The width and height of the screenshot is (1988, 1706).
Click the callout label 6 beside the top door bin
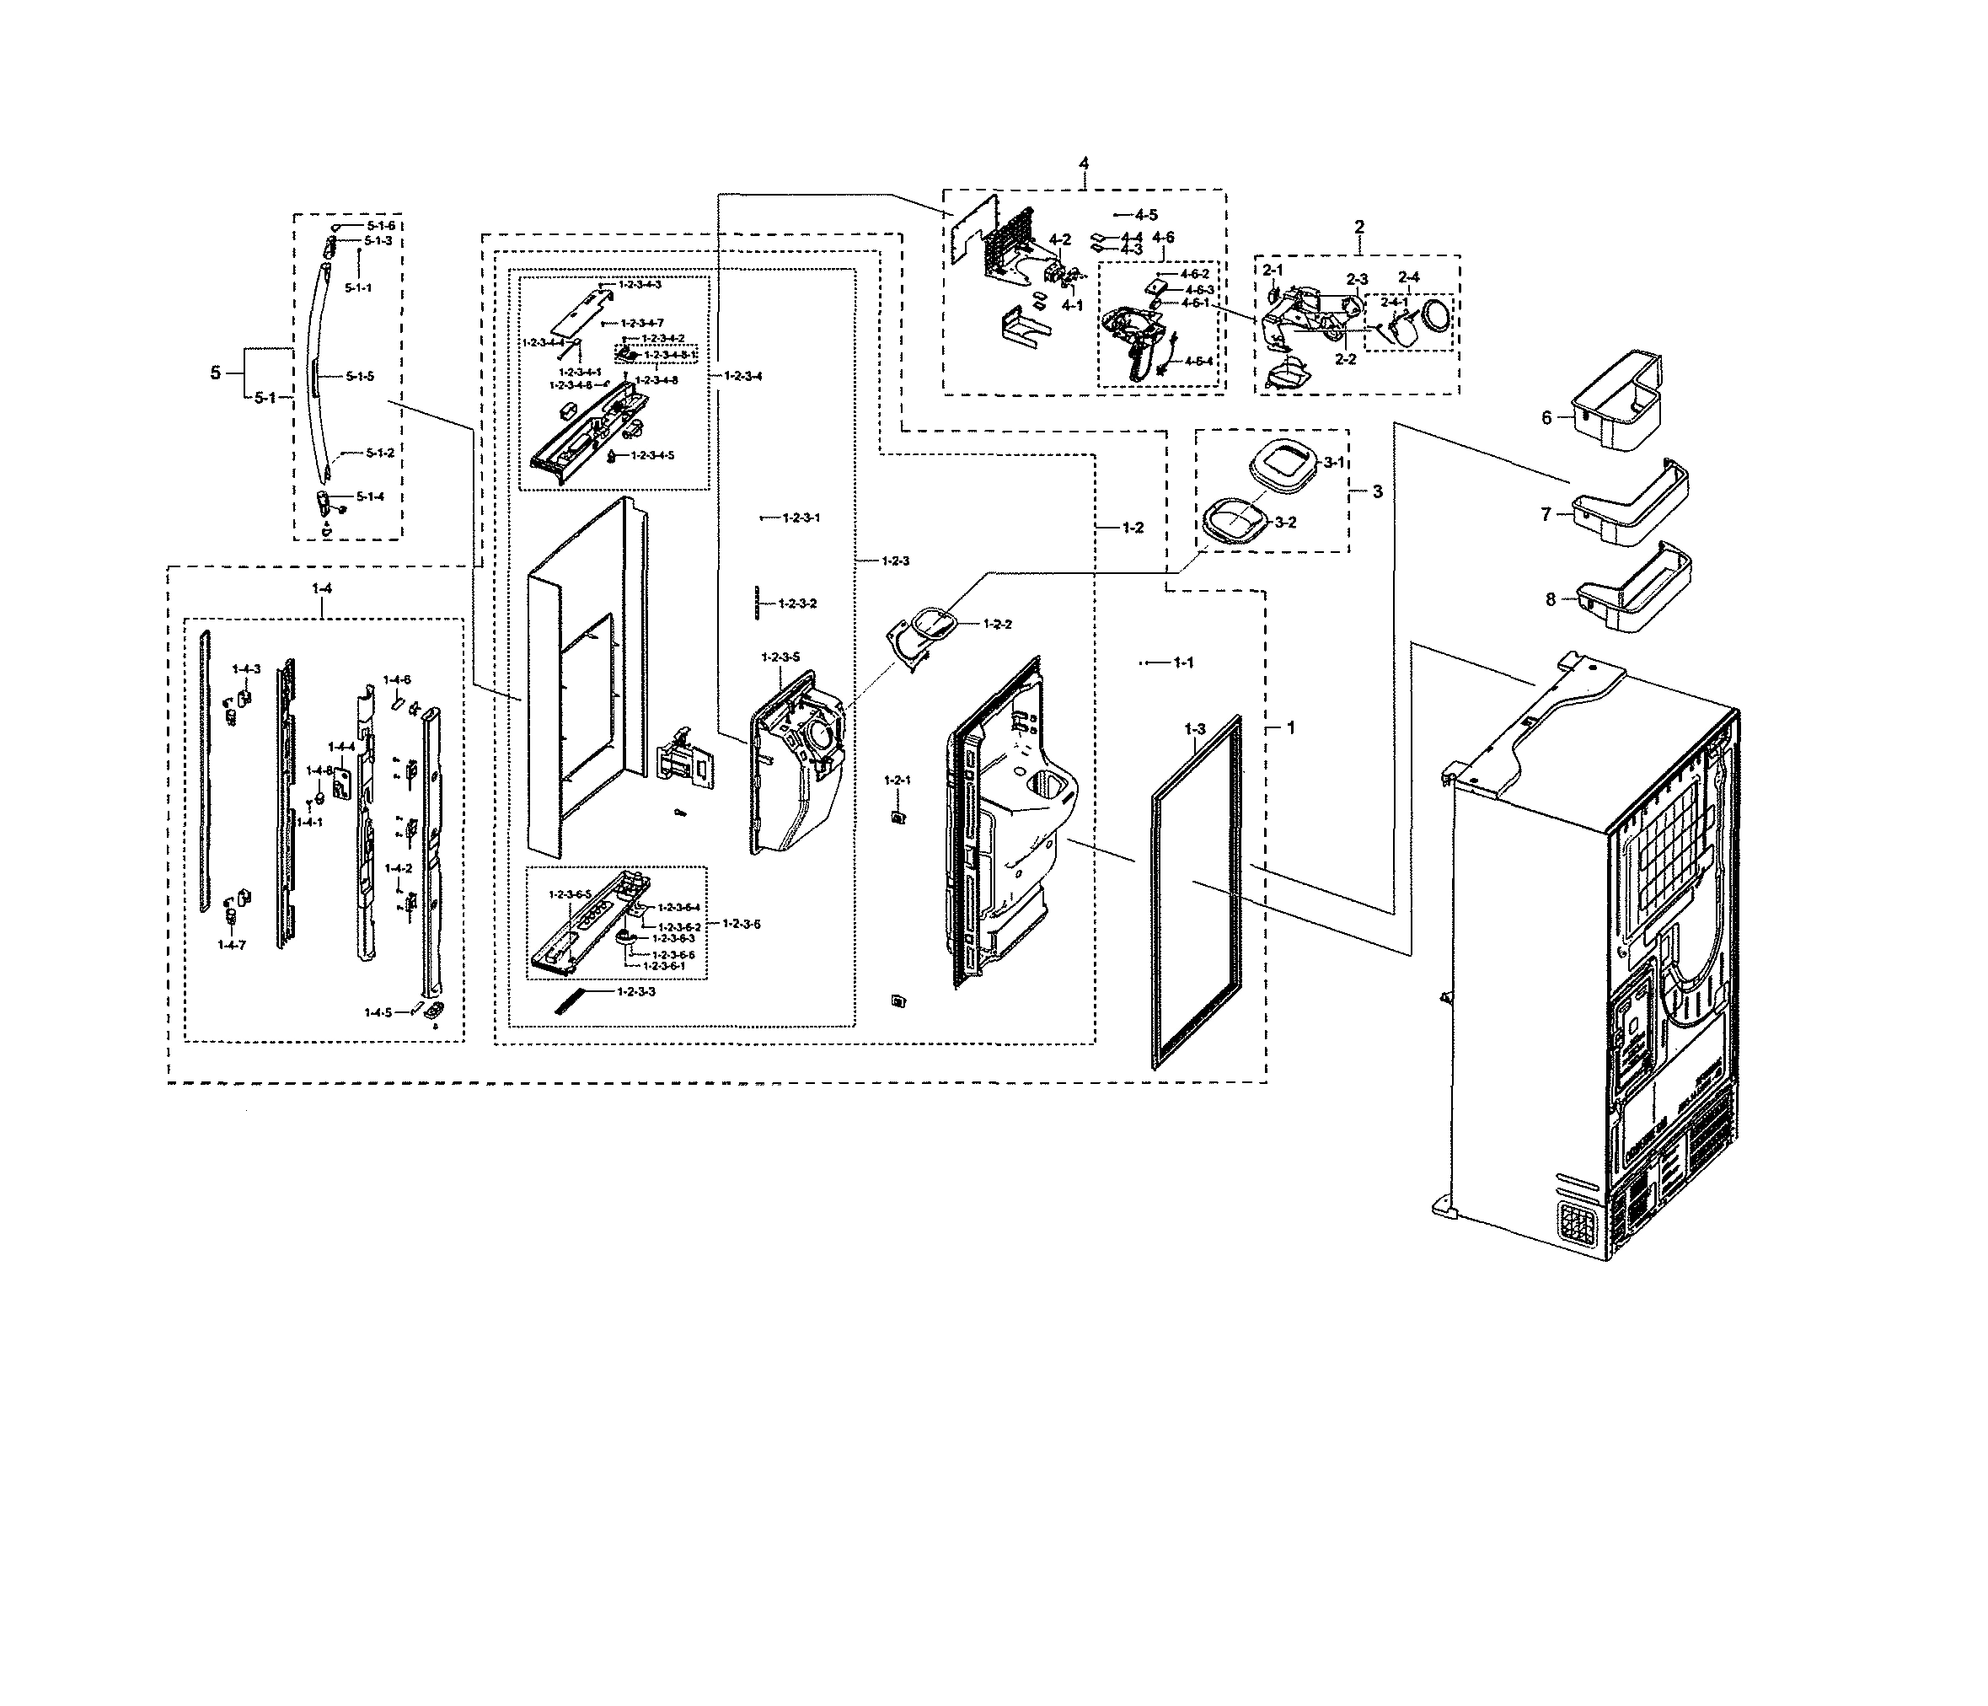[1546, 418]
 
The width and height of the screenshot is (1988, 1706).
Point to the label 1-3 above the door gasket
[1193, 729]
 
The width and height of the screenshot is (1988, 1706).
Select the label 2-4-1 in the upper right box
[1394, 301]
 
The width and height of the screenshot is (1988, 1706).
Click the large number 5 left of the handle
[216, 373]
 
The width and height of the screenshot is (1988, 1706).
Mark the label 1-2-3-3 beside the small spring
[636, 991]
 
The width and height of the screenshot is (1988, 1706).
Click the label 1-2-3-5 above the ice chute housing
[780, 657]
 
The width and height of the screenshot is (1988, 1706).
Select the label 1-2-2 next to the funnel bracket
[997, 624]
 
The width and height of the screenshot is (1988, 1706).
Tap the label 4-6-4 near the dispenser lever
[1198, 361]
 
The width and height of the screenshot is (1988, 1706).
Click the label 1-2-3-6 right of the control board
[742, 923]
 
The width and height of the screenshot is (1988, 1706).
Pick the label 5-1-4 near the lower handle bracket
[369, 497]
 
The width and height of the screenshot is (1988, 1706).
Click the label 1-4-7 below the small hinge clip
[231, 945]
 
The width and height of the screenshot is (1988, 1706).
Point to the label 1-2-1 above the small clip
[898, 780]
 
